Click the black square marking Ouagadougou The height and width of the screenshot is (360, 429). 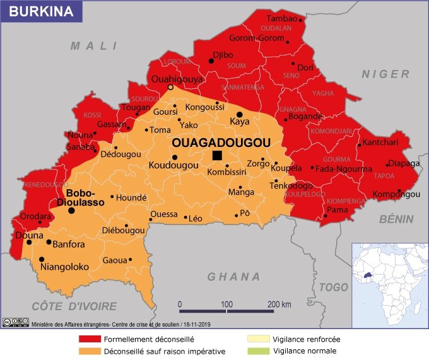(x=217, y=155)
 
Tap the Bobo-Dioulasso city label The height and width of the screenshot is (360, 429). (x=80, y=197)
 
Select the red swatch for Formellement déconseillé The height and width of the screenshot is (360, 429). (x=89, y=339)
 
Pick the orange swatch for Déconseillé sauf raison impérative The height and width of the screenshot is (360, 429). (x=89, y=351)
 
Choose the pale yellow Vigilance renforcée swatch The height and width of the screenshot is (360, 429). (x=259, y=339)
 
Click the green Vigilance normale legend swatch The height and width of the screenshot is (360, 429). (x=259, y=351)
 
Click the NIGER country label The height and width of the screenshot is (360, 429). (x=385, y=74)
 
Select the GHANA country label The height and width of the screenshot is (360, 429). (x=234, y=277)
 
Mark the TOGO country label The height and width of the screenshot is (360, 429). (x=333, y=287)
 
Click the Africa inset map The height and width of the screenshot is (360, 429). (x=389, y=285)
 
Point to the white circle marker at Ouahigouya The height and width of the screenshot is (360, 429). (x=170, y=88)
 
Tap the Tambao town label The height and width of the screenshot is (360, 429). (x=282, y=19)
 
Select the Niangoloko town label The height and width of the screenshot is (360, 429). (x=64, y=267)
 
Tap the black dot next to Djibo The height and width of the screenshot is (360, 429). (x=211, y=61)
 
